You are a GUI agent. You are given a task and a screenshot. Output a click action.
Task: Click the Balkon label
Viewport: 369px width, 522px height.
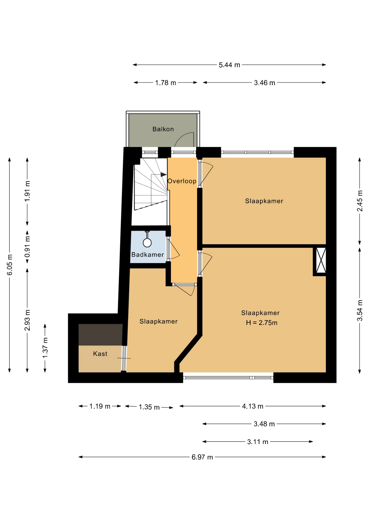click(x=163, y=129)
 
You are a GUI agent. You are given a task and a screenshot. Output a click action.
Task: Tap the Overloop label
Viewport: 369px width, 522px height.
click(x=182, y=181)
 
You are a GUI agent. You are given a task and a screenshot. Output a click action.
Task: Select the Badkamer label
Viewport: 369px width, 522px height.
click(x=148, y=255)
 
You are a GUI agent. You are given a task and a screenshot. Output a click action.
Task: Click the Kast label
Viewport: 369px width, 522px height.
click(x=100, y=354)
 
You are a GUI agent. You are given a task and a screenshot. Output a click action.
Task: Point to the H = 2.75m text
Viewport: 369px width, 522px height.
click(x=262, y=323)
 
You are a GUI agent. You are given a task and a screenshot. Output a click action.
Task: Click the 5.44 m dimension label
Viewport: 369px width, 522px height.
click(x=229, y=65)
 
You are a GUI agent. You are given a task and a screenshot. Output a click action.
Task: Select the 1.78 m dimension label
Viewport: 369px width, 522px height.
click(x=165, y=83)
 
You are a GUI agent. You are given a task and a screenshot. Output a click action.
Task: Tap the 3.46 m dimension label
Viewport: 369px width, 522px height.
click(x=264, y=83)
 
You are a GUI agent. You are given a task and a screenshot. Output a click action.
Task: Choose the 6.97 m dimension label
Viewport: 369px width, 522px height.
click(x=202, y=457)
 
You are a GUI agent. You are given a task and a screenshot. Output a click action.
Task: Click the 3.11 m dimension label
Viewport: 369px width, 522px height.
click(x=258, y=442)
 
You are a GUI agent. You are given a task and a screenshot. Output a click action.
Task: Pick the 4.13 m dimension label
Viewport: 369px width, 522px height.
click(x=253, y=406)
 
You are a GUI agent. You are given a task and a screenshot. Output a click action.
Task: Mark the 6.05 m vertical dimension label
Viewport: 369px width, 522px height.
click(x=10, y=265)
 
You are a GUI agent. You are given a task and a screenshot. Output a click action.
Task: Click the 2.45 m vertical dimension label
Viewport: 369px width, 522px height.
click(x=360, y=201)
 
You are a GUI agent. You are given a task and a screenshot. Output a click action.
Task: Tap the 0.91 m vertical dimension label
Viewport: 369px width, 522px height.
click(x=27, y=247)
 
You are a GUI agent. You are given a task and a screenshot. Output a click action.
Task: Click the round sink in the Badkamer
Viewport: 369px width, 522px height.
click(x=147, y=243)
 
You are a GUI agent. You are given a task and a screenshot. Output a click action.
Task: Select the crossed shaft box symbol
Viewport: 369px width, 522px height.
click(x=321, y=260)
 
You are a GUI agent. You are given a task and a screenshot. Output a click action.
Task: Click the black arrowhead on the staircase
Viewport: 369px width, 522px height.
click(x=164, y=175)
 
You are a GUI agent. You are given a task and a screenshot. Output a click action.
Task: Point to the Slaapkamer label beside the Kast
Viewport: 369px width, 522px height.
click(x=159, y=321)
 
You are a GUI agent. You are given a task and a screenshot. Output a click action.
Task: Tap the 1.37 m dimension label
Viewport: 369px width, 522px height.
click(x=45, y=348)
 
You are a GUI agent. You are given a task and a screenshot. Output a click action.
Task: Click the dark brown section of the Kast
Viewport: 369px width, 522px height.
click(x=101, y=335)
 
